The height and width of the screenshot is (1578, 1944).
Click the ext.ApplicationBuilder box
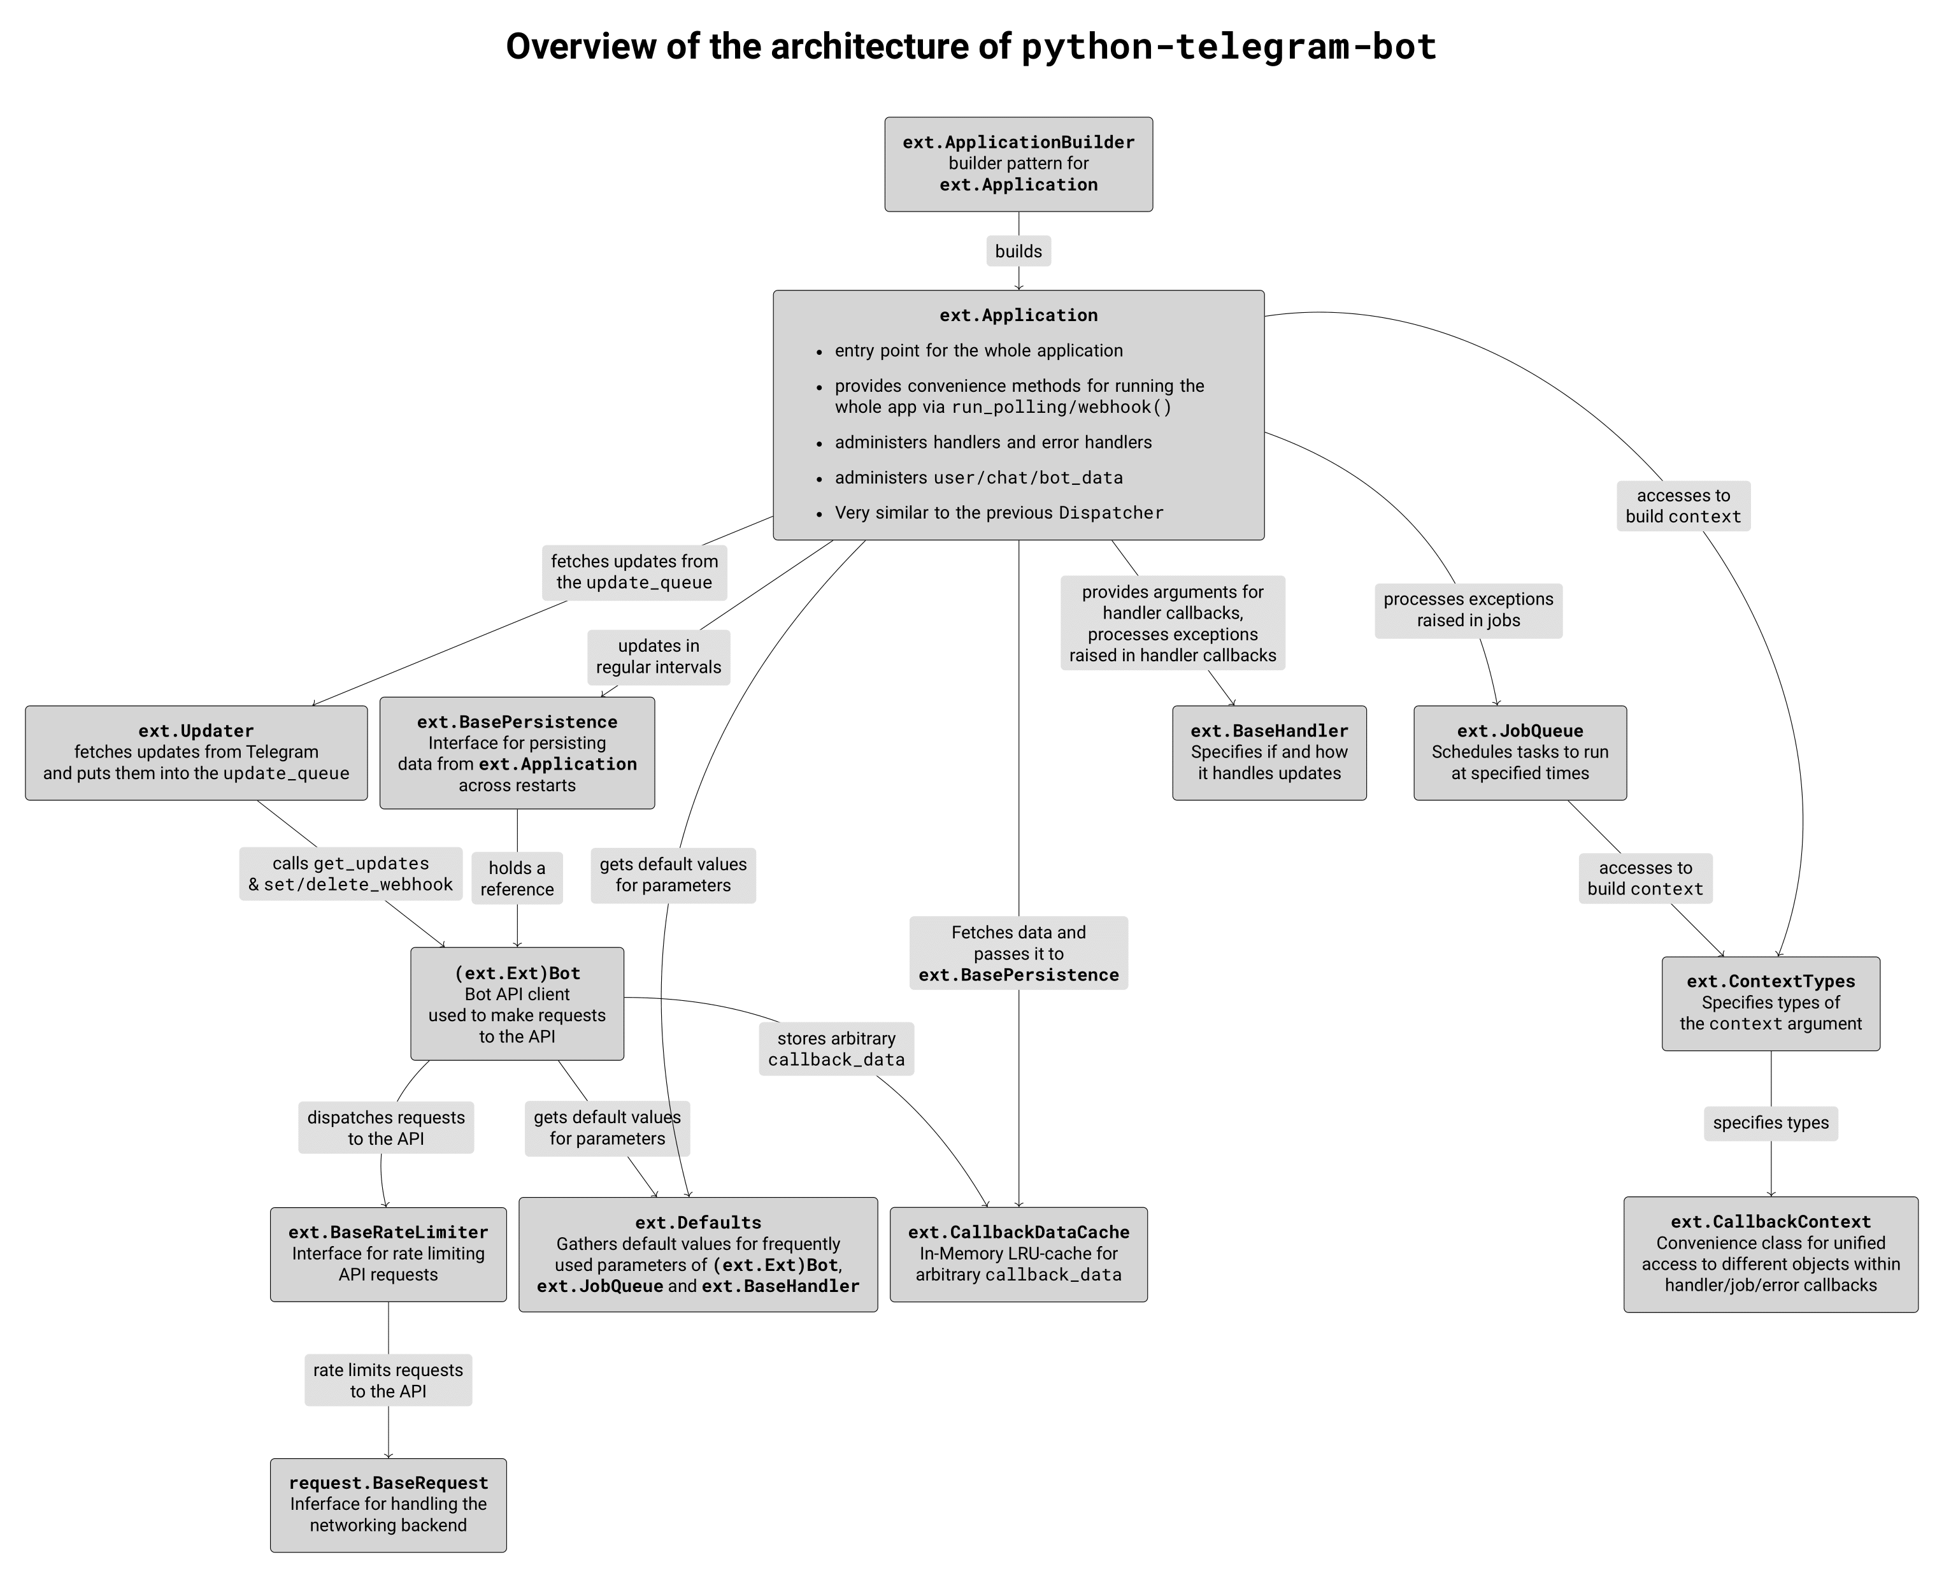coord(1018,164)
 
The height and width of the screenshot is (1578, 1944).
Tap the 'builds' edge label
coord(1018,251)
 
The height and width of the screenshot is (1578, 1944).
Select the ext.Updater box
coord(196,752)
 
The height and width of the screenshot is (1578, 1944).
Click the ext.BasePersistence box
coord(516,752)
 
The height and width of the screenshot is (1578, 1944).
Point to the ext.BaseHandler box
coord(1269,752)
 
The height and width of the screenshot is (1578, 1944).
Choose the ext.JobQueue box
coord(1520,752)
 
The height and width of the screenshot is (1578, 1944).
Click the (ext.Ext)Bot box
coord(516,1003)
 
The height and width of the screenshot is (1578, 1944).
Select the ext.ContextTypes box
coord(1769,1003)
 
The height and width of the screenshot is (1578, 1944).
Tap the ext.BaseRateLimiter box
coord(388,1254)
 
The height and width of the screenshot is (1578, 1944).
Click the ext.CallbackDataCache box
coord(1018,1254)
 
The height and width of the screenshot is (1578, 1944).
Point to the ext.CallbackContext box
coord(1769,1254)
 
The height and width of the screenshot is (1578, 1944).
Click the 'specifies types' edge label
coord(1769,1123)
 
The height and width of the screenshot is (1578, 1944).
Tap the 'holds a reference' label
coord(516,878)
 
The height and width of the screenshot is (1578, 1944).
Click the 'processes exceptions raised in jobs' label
coord(1468,610)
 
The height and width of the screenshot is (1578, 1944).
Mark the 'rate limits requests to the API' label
coord(388,1380)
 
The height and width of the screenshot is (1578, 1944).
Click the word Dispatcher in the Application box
coord(1111,513)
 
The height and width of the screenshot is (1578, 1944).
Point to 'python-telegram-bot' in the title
coord(1229,47)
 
